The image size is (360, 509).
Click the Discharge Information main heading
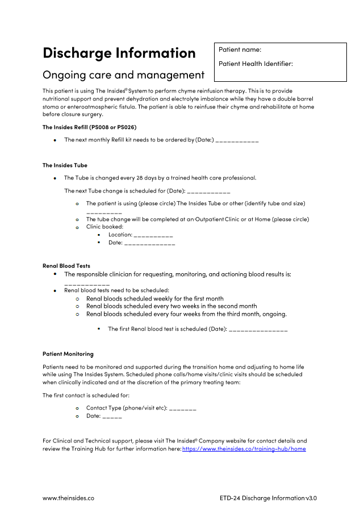[119, 53]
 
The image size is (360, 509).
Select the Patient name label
[240, 50]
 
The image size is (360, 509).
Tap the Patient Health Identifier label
[256, 64]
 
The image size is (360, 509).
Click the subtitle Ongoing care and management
[123, 75]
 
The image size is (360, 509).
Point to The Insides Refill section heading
[89, 127]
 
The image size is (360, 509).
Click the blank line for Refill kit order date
[237, 140]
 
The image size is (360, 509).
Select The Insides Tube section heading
[65, 165]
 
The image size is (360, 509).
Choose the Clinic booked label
[104, 227]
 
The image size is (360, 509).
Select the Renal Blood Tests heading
[66, 266]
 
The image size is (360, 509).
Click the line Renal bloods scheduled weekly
[154, 298]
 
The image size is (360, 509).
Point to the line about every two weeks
[171, 306]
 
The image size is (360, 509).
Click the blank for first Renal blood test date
[258, 329]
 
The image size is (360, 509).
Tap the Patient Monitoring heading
[68, 354]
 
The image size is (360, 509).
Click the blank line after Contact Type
[182, 408]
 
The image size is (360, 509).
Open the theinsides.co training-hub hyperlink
[244, 449]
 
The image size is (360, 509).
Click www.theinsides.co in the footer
[68, 498]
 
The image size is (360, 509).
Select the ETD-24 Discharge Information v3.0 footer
[268, 498]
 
